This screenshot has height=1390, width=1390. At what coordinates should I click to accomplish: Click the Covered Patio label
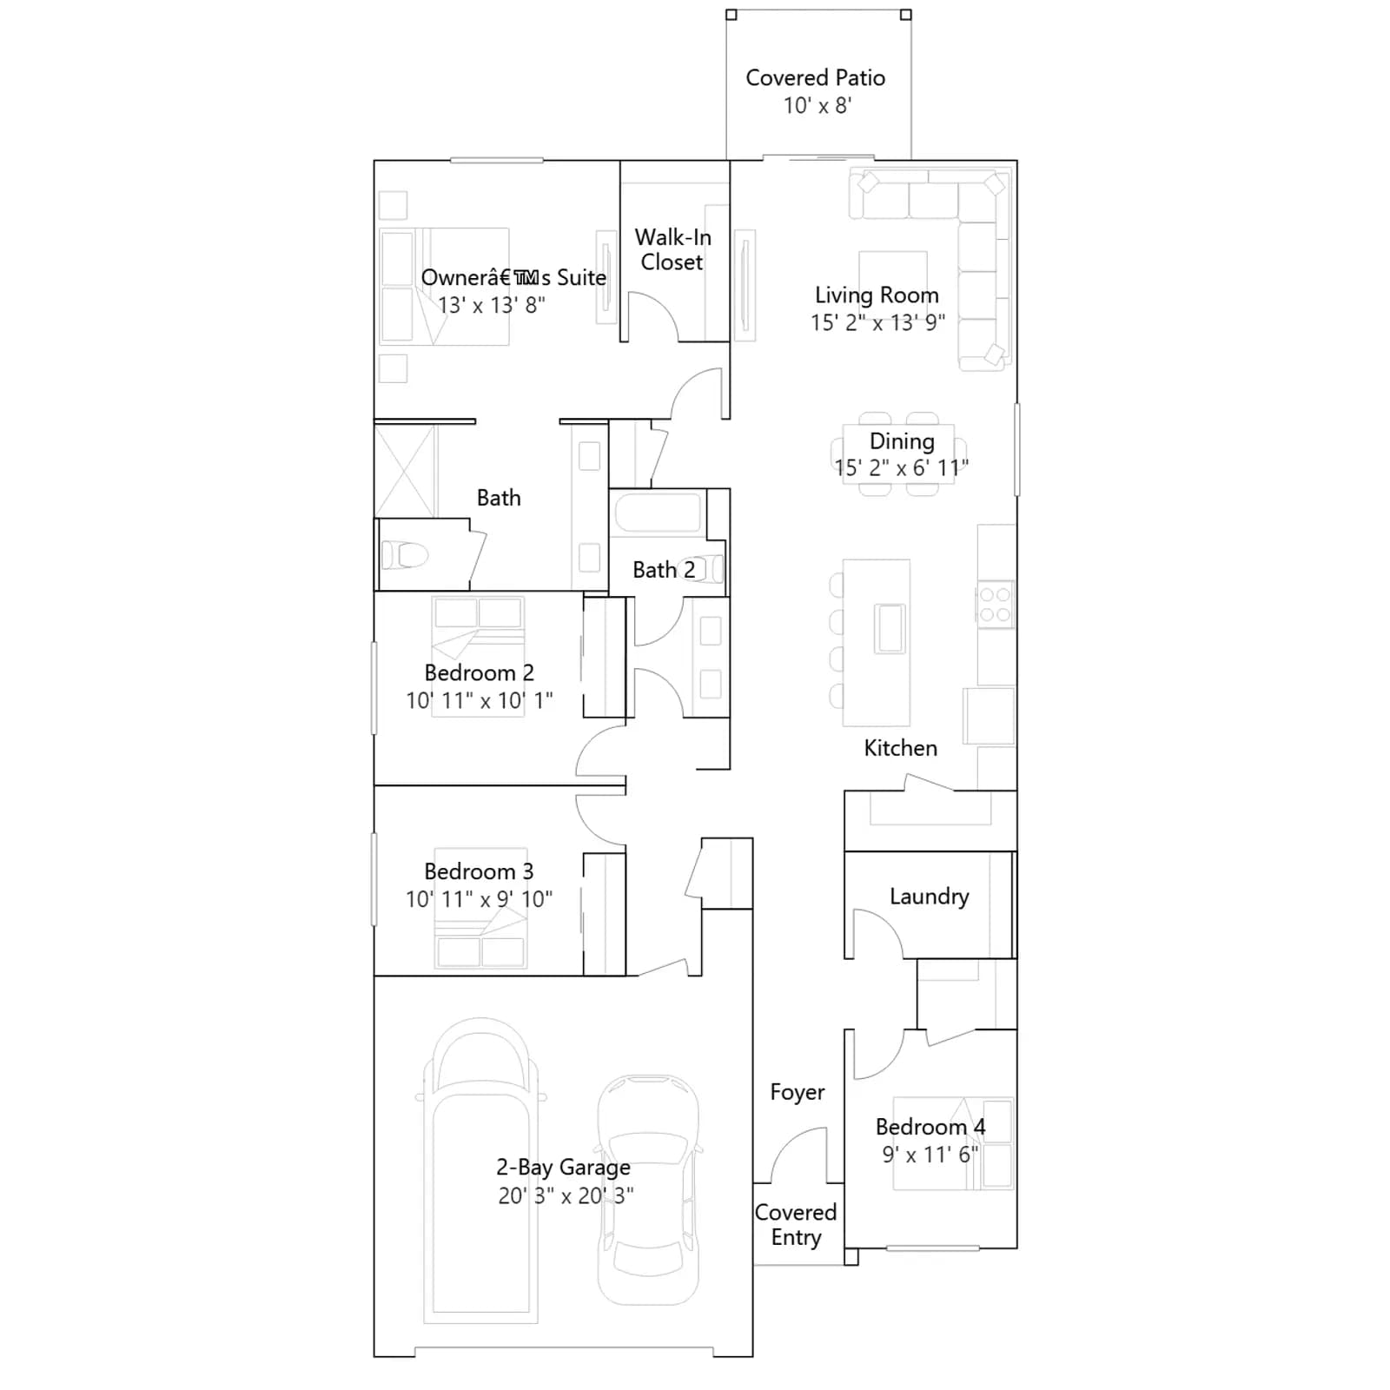pos(815,78)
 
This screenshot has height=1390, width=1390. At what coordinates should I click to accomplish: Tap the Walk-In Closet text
pos(672,249)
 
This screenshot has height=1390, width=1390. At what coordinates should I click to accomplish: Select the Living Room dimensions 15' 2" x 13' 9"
pos(877,323)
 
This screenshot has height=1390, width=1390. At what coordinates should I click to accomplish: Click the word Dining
pos(902,442)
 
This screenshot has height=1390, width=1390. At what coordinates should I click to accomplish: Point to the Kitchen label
pos(900,748)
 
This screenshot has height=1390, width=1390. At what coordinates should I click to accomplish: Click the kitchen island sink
pos(890,628)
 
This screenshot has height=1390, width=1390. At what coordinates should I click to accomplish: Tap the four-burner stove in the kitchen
pos(995,605)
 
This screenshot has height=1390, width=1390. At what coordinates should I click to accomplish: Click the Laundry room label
pos(929,897)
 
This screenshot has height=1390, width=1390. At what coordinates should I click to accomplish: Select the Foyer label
pos(797,1092)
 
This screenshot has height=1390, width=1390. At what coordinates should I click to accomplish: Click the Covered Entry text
pos(796,1224)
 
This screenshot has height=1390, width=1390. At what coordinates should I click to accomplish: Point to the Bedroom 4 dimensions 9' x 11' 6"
pos(930,1155)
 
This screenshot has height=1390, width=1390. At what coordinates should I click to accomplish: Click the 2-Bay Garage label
pos(563,1168)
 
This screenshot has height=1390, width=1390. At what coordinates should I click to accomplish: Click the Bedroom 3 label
pos(479,871)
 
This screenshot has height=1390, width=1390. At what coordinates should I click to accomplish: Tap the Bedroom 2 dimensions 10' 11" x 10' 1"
pos(479,700)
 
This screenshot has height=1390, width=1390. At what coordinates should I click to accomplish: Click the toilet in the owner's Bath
pos(405,554)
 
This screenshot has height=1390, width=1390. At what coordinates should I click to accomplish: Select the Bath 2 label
pos(664,570)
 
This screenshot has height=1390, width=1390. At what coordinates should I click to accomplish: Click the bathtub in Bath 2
pos(658,512)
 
